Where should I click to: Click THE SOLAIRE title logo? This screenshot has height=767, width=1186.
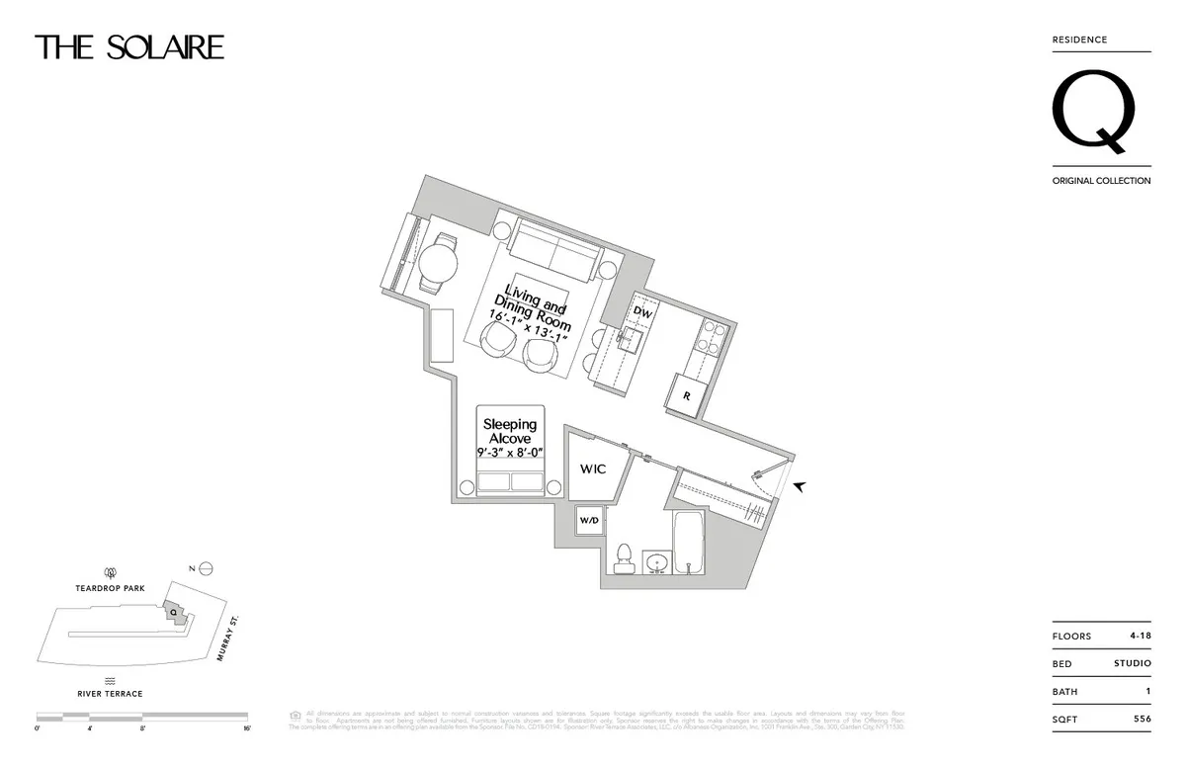[129, 47]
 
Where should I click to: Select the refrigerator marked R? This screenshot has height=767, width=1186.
[686, 396]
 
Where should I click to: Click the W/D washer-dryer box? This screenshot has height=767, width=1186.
[589, 520]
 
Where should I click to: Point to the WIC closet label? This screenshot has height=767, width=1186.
[593, 469]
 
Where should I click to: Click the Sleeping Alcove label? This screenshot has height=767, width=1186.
[510, 432]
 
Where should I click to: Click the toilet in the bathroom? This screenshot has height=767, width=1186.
[624, 557]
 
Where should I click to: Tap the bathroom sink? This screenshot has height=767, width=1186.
[657, 563]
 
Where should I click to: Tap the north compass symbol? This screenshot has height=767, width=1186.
[206, 568]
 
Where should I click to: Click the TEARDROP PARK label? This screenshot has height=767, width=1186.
[111, 588]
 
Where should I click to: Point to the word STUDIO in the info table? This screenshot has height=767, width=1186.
[1132, 664]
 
